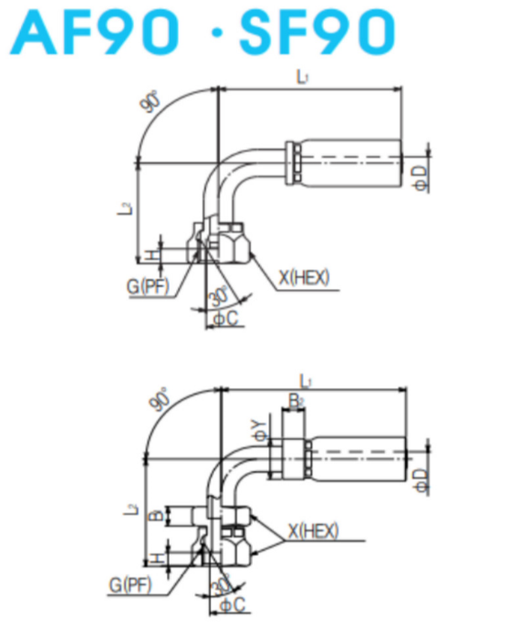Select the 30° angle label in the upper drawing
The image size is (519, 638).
tap(218, 297)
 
